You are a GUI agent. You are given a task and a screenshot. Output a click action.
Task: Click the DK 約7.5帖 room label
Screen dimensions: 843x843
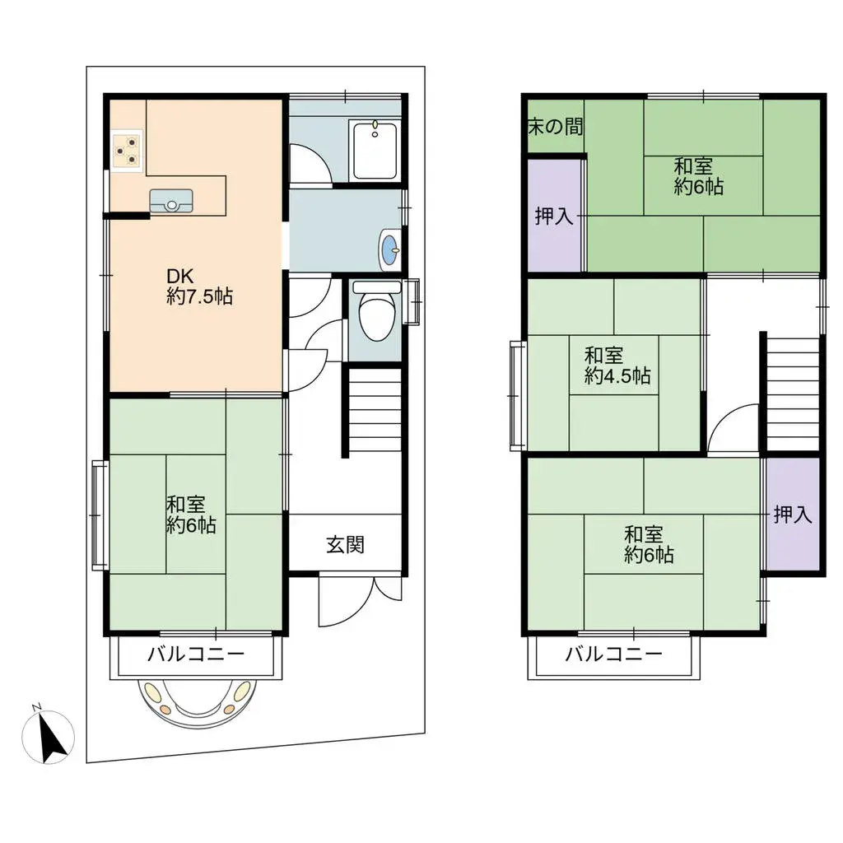(x=199, y=286)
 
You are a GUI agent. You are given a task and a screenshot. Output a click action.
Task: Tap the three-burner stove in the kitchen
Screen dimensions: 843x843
(x=128, y=150)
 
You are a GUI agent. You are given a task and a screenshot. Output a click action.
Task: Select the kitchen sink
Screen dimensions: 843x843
(x=171, y=201)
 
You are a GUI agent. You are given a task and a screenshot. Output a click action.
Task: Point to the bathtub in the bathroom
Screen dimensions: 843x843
(x=375, y=150)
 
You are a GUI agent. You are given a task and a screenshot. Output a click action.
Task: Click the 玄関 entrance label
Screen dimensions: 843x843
(x=345, y=545)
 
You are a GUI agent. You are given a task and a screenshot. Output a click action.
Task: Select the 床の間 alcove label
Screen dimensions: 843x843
(x=556, y=127)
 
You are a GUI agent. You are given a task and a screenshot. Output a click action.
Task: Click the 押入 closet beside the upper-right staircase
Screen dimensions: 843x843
(x=793, y=515)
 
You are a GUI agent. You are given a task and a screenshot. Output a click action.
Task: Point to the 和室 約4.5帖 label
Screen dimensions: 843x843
(x=617, y=366)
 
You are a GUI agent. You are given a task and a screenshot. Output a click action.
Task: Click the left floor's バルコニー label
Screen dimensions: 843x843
(x=196, y=654)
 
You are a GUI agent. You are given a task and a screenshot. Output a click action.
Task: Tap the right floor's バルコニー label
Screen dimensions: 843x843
(x=614, y=654)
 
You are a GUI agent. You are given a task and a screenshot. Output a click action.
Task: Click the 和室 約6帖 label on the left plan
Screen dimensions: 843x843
(x=191, y=515)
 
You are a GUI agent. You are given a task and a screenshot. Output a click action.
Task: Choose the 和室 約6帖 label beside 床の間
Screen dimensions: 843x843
(x=698, y=176)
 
